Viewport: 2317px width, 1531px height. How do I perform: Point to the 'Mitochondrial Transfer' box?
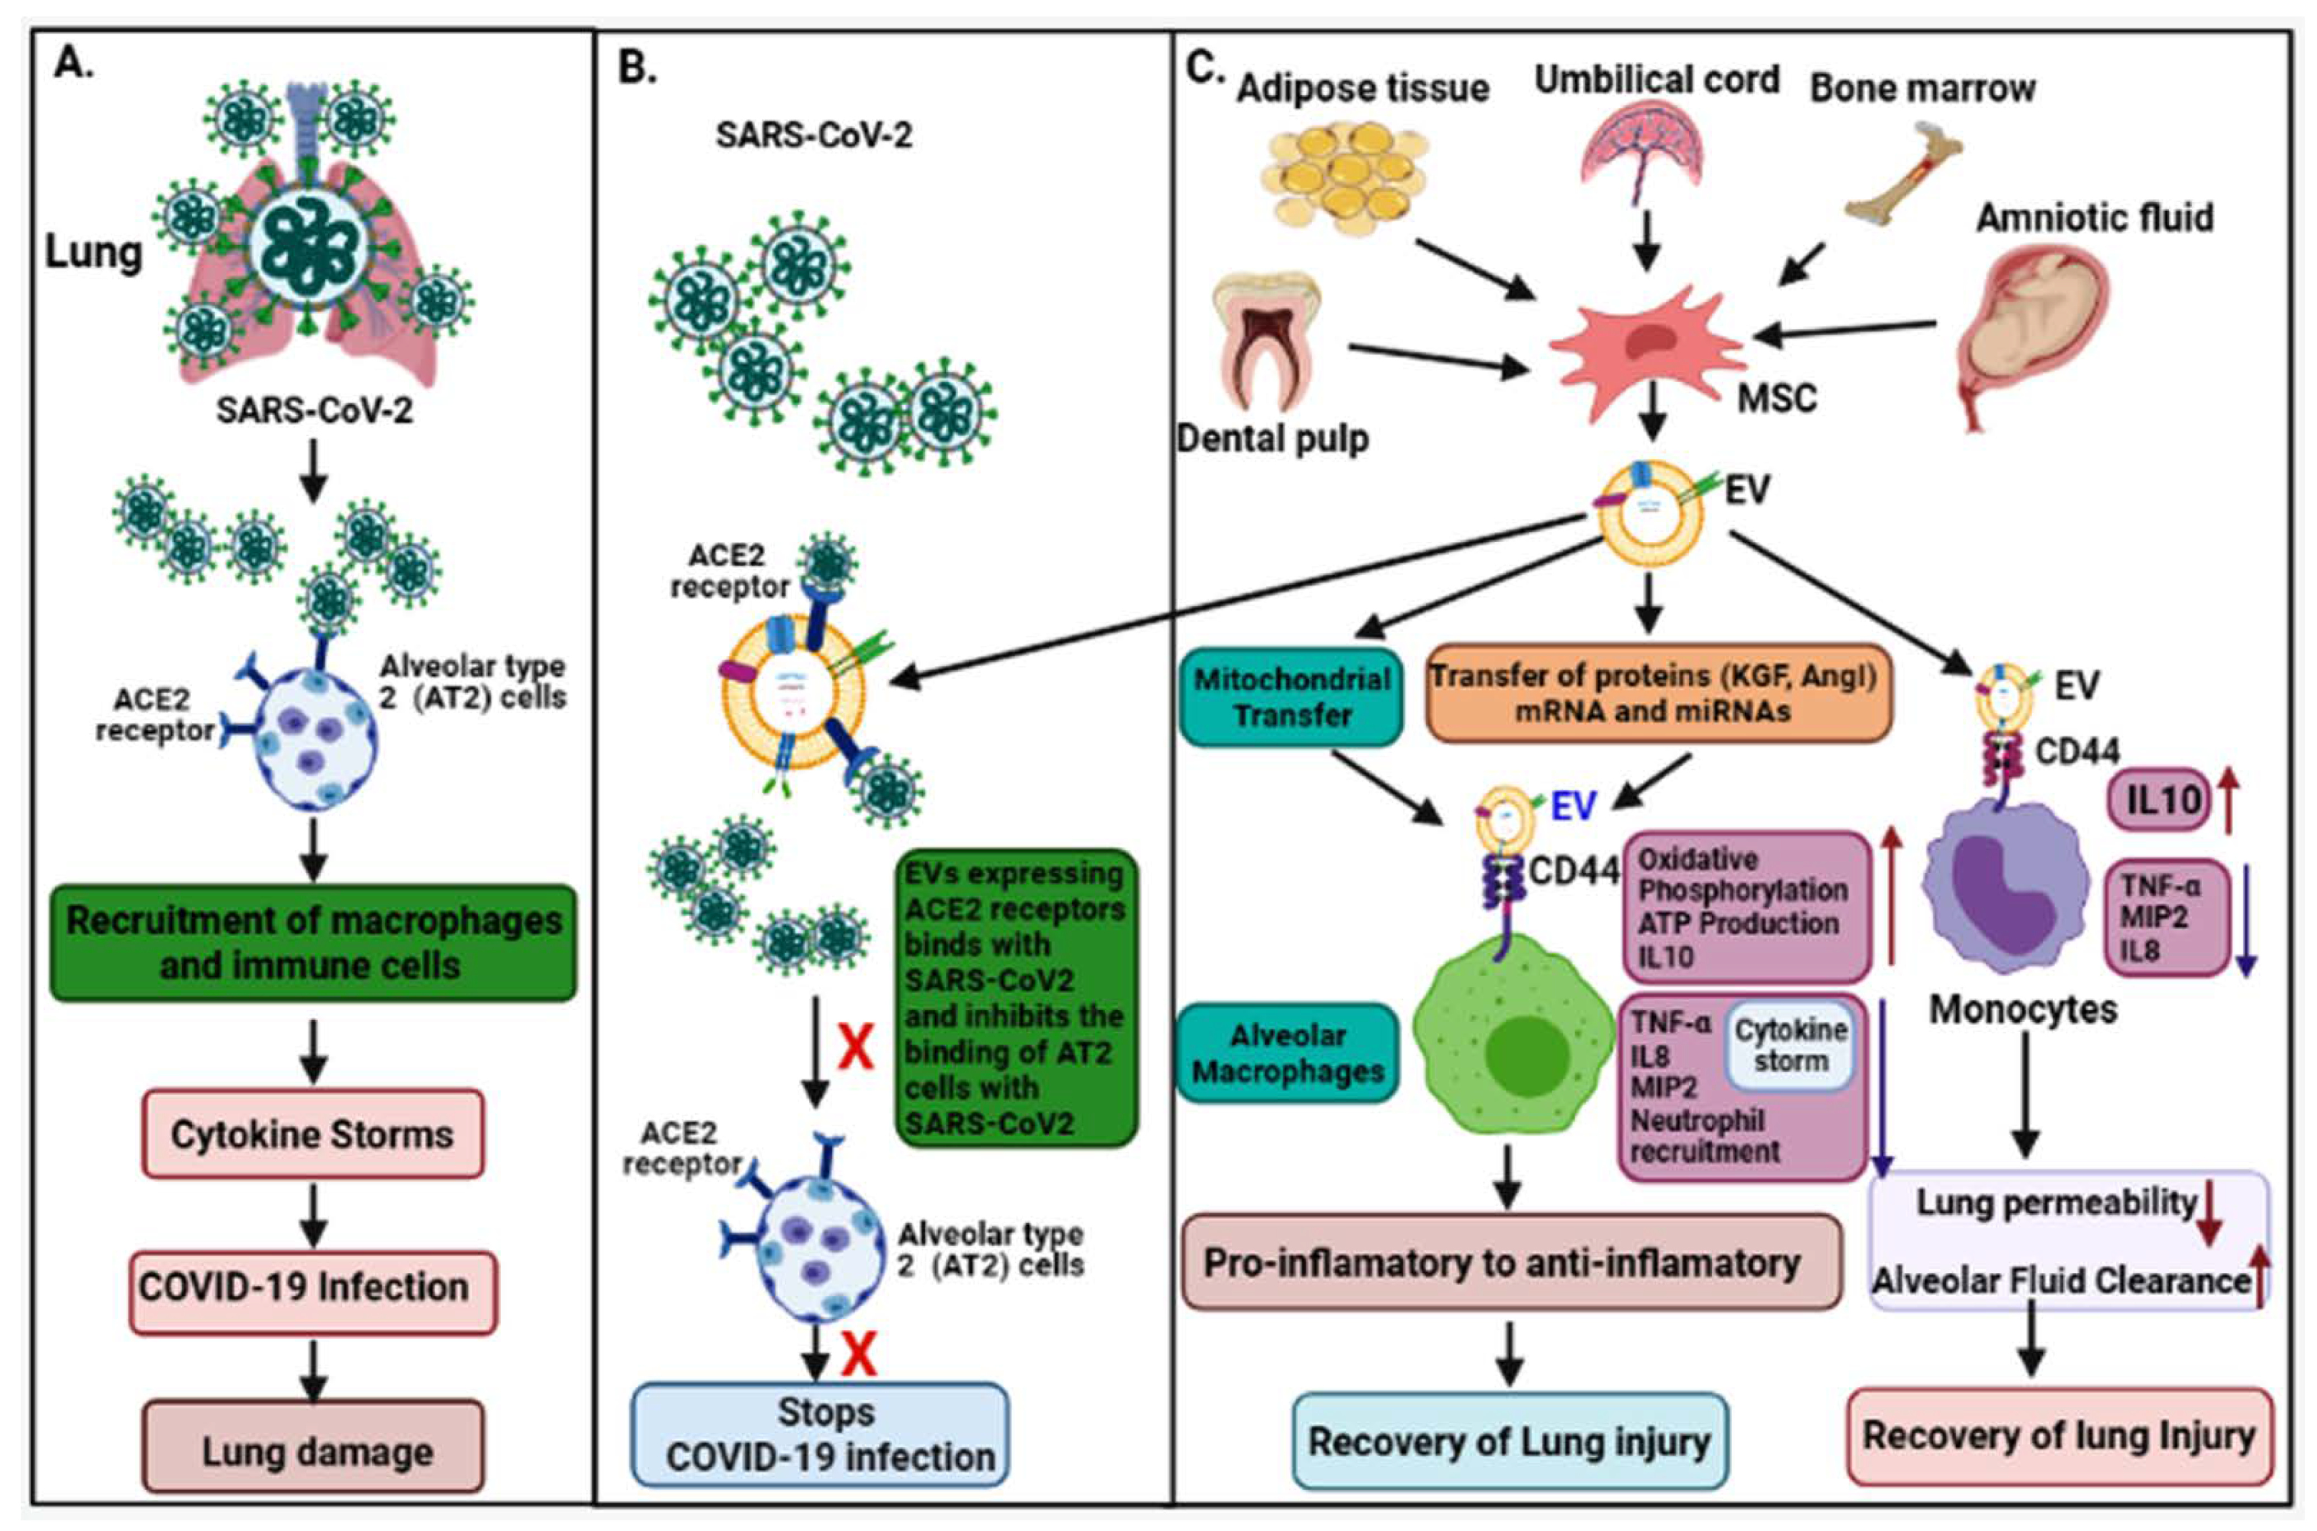click(x=1292, y=696)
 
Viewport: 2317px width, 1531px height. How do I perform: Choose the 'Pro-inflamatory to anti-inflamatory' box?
click(x=1510, y=1262)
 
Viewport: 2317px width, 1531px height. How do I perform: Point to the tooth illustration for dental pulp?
click(x=1266, y=342)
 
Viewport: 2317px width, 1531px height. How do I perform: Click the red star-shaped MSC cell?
click(x=1647, y=350)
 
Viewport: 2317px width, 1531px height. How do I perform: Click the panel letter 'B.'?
click(x=638, y=68)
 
